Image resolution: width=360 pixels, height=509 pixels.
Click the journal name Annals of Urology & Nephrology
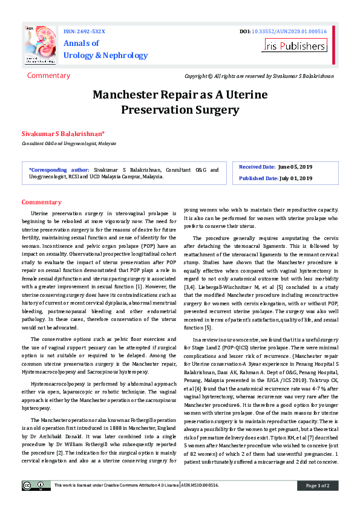pos(105,50)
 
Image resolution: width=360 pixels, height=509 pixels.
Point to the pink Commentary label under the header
pos(48,76)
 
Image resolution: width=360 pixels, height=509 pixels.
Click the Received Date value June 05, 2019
pos(295,166)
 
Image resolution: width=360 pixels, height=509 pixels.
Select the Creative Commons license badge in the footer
pos(36,485)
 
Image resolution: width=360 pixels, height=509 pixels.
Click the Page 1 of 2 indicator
pos(317,485)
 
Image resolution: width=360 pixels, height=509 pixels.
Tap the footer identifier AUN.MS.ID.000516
pos(200,485)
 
